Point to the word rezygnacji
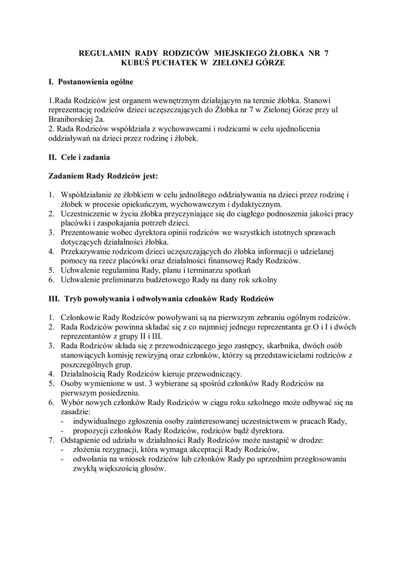pyautogui.click(x=123, y=449)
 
